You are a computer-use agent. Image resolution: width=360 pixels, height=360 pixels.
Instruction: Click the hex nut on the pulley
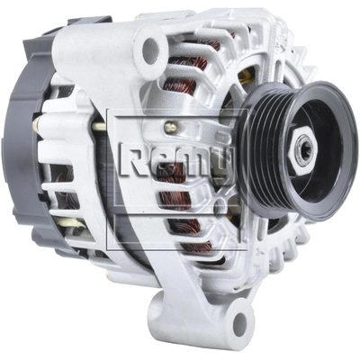302,150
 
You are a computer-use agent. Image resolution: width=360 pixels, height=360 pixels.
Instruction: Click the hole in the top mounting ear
150,48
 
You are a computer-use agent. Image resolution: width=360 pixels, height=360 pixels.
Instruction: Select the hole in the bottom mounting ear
239,322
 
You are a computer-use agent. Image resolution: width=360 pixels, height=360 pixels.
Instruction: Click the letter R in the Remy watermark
131,159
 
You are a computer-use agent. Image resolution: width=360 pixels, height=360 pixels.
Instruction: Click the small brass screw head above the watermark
171,126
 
